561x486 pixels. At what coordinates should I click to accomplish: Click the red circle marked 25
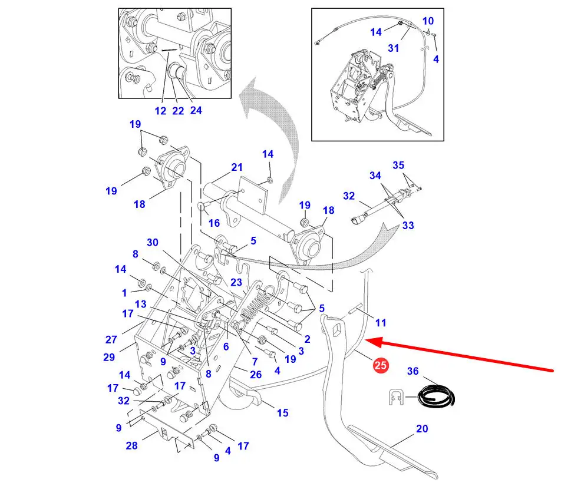click(x=380, y=365)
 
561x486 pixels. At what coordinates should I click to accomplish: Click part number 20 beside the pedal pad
click(x=422, y=428)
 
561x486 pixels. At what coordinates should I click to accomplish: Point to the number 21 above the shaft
click(x=237, y=167)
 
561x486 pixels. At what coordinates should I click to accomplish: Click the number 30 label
click(x=153, y=242)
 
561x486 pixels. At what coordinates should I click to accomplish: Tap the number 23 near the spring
click(x=236, y=282)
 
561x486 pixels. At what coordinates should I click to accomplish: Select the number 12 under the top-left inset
click(x=161, y=111)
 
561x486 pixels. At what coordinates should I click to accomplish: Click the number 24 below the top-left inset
click(x=196, y=110)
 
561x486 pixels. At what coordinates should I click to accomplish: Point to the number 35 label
click(x=398, y=165)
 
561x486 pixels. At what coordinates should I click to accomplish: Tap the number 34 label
click(x=375, y=175)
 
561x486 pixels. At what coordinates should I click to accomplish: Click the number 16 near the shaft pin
click(x=214, y=223)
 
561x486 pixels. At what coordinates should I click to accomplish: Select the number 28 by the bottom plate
click(x=131, y=445)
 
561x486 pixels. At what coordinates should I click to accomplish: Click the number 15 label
click(x=283, y=413)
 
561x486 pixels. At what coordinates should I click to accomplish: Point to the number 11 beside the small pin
click(x=381, y=323)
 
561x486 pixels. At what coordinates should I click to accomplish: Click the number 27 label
click(x=111, y=339)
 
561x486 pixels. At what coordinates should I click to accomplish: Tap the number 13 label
click(x=141, y=304)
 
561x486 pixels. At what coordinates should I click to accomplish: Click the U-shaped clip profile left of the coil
click(x=396, y=397)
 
